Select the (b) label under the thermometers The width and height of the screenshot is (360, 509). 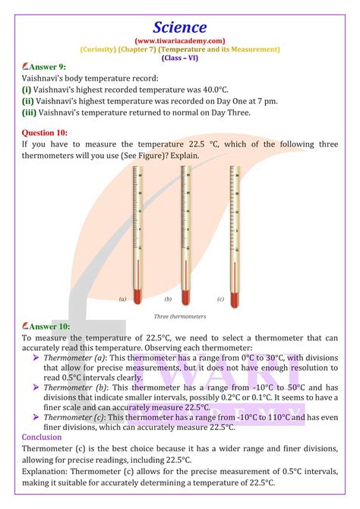(x=171, y=299)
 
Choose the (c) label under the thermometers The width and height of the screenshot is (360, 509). (x=220, y=299)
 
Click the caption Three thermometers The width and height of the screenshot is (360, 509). (x=180, y=316)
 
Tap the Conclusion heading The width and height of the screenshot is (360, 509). (x=43, y=437)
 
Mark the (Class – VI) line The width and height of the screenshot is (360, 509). (x=180, y=57)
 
